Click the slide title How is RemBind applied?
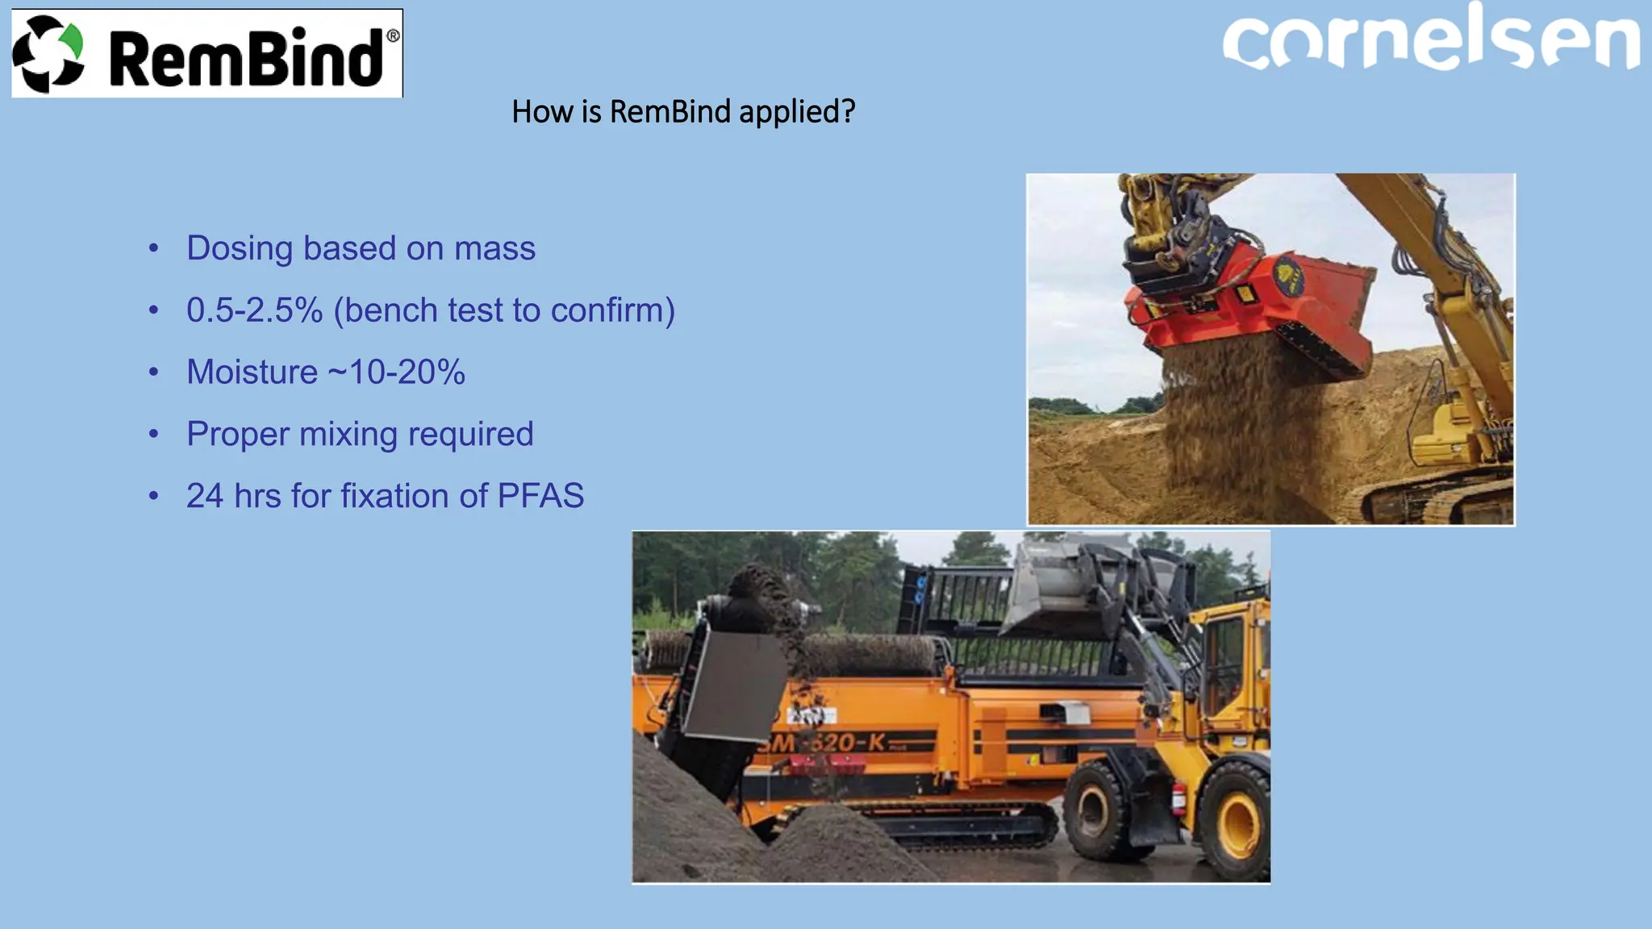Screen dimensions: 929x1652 [x=682, y=111]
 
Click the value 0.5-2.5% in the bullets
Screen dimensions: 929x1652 [x=254, y=310]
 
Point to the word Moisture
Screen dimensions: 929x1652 [x=252, y=373]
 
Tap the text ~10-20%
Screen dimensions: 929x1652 [x=396, y=373]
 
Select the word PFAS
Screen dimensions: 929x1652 [x=540, y=496]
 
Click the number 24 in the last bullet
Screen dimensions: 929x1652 [x=204, y=496]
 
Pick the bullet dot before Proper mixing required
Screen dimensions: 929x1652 [x=154, y=435]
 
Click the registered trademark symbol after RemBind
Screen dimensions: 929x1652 [x=393, y=35]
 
